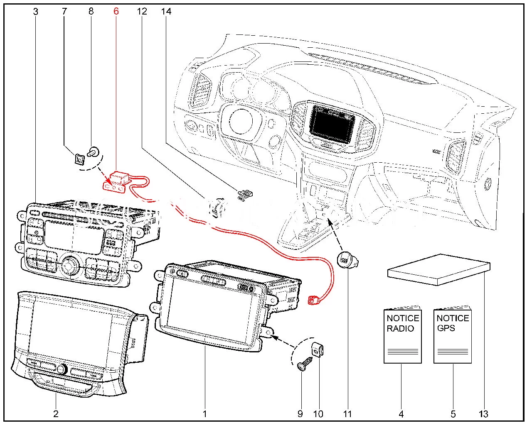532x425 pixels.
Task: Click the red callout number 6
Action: [116, 11]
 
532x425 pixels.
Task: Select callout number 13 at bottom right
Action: [483, 413]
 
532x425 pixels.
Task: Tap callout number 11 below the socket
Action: [347, 413]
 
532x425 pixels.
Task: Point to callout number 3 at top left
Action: [36, 11]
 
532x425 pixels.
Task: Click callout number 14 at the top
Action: [166, 11]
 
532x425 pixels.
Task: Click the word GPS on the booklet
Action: [446, 328]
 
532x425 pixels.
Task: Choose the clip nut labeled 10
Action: [318, 352]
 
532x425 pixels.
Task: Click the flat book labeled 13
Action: [438, 270]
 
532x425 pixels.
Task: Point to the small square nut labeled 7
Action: [79, 158]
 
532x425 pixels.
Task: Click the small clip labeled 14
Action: [245, 194]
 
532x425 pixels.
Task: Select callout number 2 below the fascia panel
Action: [56, 413]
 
